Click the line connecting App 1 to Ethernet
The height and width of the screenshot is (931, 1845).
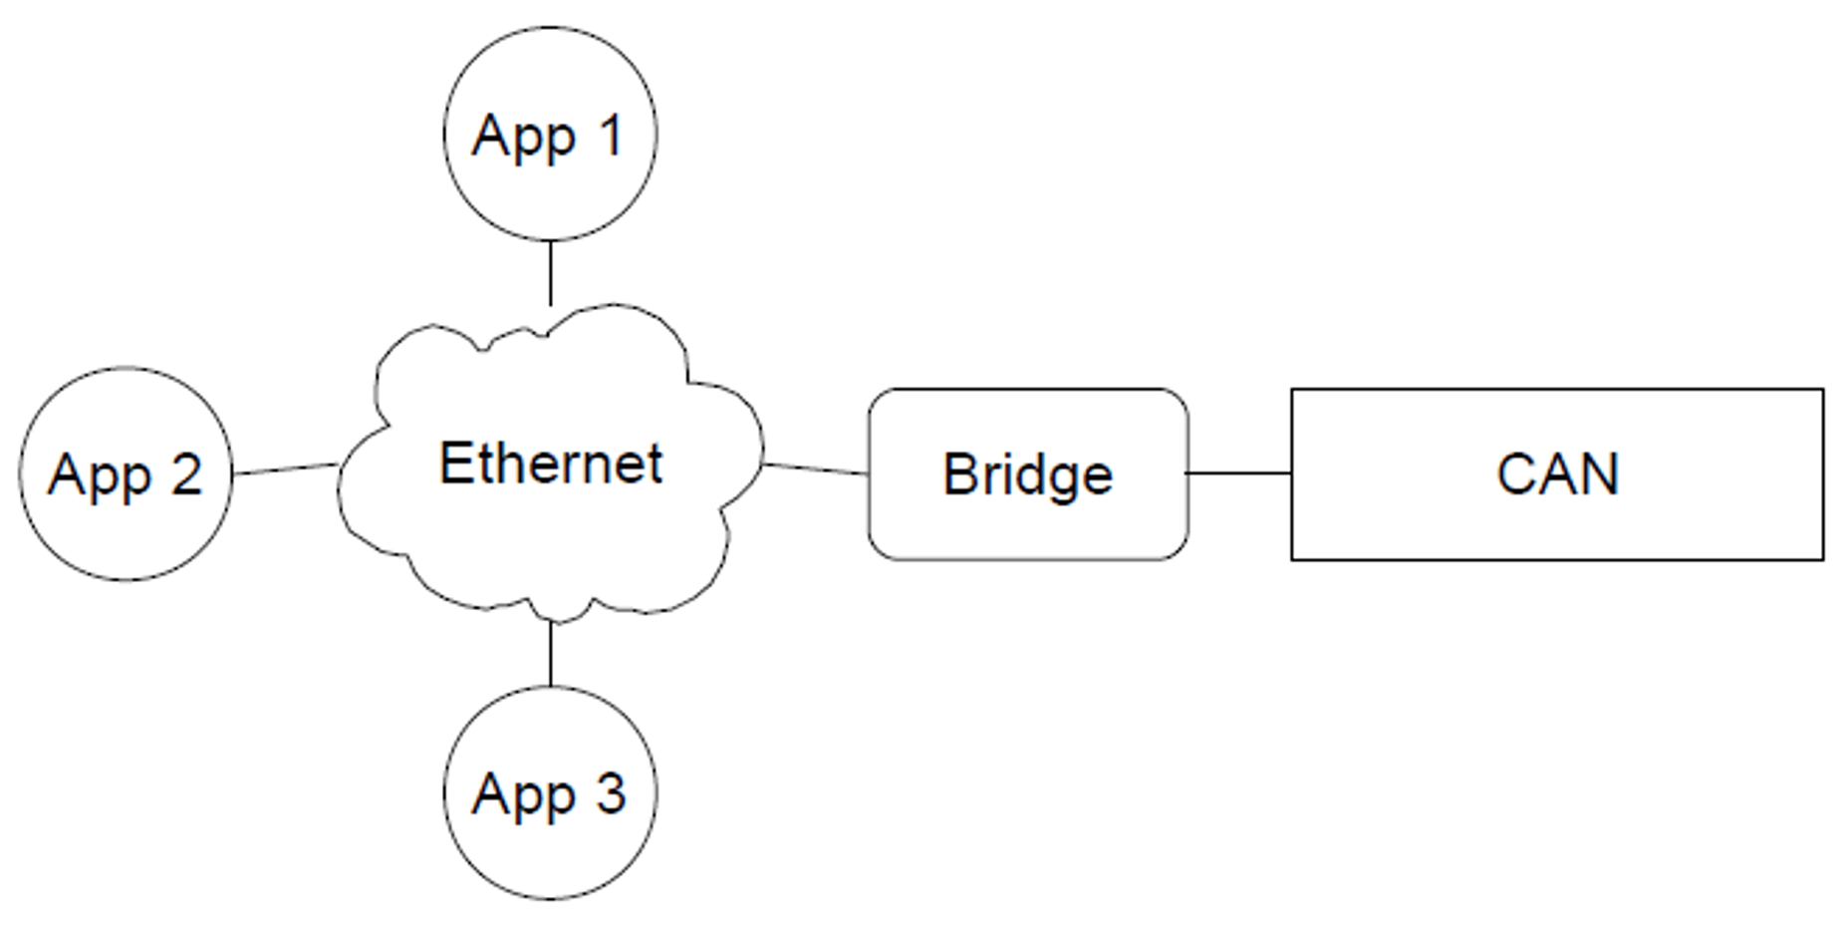[x=550, y=273]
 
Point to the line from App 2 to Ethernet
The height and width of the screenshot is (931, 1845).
[x=286, y=468]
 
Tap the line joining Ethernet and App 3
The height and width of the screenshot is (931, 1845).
[x=551, y=654]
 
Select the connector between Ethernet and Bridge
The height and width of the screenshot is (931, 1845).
[x=816, y=468]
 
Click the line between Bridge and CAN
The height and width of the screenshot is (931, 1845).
[x=1239, y=473]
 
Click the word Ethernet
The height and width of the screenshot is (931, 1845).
[x=551, y=464]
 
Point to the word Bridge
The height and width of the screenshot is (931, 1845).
[x=1028, y=475]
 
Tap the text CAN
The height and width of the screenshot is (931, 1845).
[x=1558, y=474]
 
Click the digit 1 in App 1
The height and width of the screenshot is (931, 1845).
[x=611, y=135]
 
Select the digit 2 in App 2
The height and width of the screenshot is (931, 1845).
[x=186, y=473]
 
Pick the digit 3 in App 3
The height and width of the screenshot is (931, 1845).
[x=611, y=793]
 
